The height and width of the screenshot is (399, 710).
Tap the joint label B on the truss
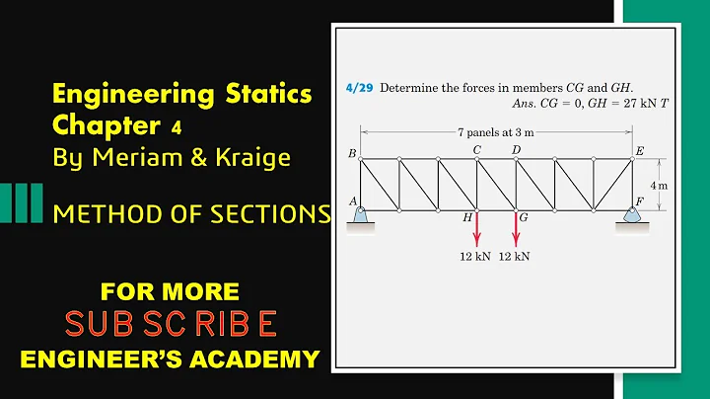tap(352, 154)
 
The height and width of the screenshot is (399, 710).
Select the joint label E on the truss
tap(640, 150)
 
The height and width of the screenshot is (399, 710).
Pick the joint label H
tap(467, 217)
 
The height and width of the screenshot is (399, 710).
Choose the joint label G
tap(524, 217)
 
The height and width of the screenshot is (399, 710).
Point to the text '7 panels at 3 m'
tap(496, 130)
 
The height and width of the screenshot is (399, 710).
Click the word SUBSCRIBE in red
tap(170, 323)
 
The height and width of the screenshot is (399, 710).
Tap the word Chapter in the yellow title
tap(98, 126)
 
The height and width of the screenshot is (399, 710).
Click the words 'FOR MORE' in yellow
tap(170, 291)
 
